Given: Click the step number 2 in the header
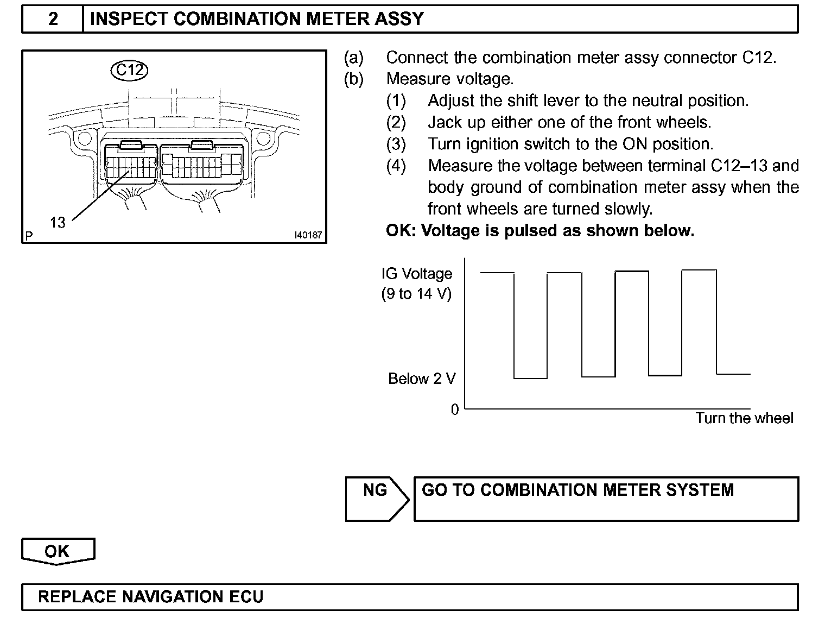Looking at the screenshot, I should click(x=53, y=19).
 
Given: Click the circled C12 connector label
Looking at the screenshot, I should click(x=130, y=70).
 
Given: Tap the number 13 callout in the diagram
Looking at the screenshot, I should click(x=58, y=222).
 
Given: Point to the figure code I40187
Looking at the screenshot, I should click(x=308, y=236).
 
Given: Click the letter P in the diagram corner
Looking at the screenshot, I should click(x=29, y=236).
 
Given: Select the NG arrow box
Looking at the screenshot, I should click(x=376, y=499).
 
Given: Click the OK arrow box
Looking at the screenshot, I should click(x=58, y=551).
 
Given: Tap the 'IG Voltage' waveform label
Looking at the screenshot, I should click(x=416, y=274).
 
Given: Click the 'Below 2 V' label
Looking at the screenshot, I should click(x=422, y=379).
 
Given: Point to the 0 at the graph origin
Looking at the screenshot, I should click(x=455, y=410).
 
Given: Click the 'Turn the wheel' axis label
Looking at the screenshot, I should click(x=744, y=418).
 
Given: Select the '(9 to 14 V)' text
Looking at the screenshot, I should click(x=416, y=294).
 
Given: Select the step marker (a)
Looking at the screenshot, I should click(x=354, y=58).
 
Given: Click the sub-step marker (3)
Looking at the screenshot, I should click(x=396, y=144).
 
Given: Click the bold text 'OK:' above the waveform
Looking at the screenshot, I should click(x=401, y=231).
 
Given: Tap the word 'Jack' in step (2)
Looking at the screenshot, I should click(x=446, y=122).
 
